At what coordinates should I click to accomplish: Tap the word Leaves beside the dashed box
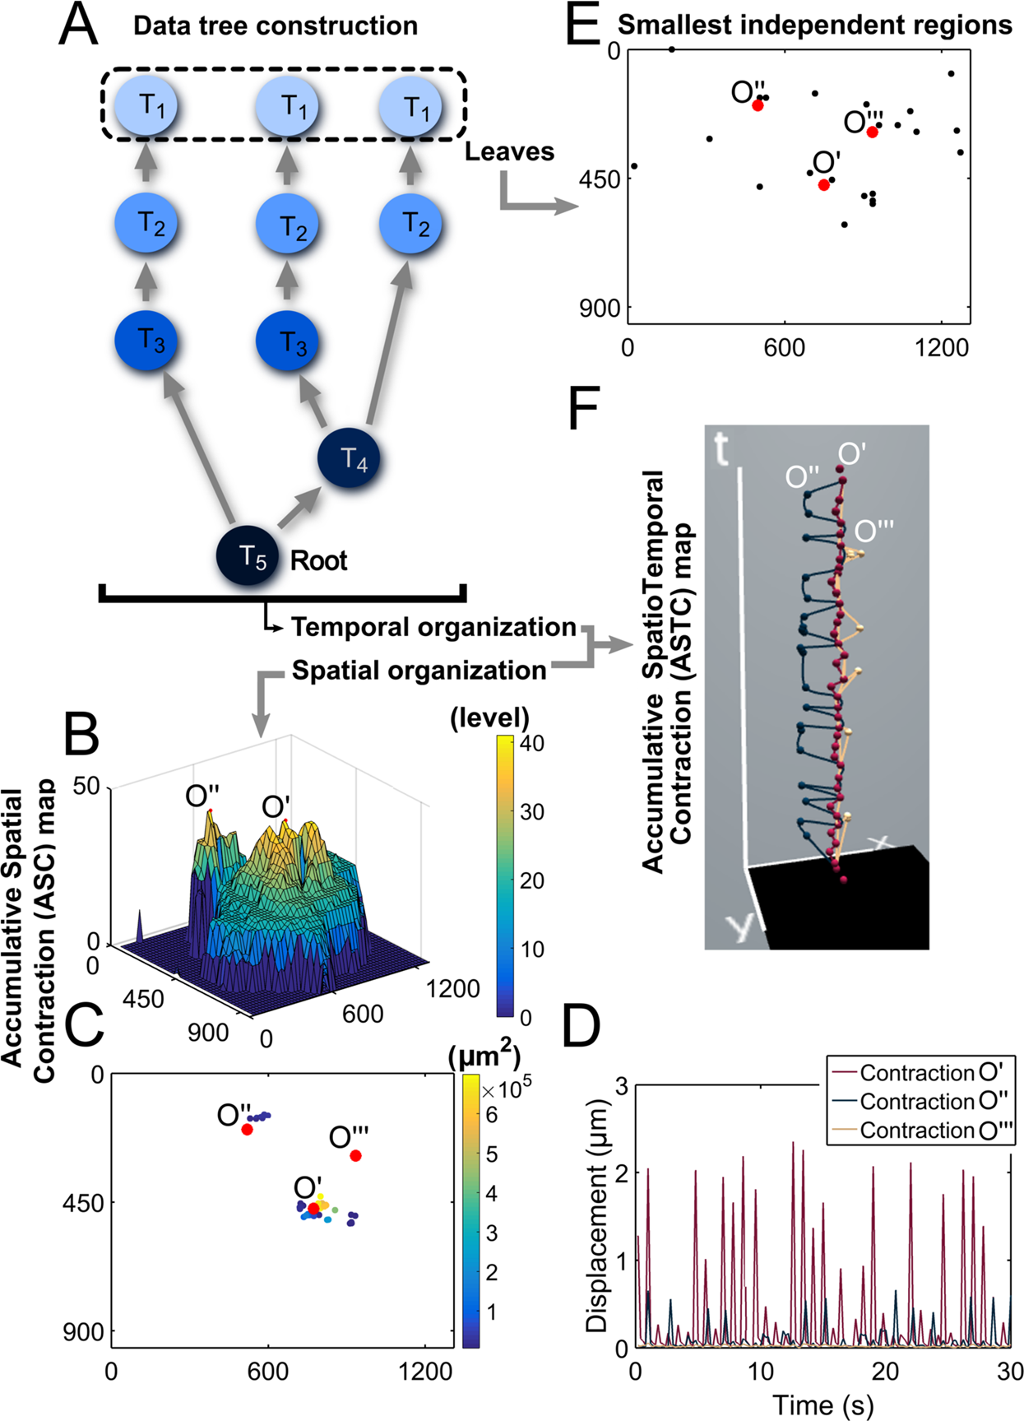509,151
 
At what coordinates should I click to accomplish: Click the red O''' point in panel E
872,132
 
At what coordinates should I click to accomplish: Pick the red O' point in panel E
823,185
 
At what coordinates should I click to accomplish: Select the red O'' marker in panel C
247,1130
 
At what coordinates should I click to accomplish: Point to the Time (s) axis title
822,1405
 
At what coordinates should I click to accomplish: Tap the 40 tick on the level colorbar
532,743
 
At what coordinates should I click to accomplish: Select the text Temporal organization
433,627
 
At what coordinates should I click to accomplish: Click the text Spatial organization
419,671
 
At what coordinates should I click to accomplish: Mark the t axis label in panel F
721,448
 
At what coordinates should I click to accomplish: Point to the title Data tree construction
276,26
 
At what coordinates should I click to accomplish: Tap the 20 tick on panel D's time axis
886,1371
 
